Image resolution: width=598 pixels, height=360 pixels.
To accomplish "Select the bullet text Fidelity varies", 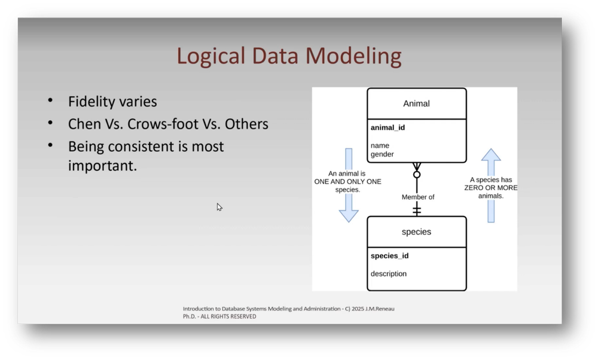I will [112, 102].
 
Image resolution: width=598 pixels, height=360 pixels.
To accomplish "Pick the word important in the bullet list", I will [102, 166].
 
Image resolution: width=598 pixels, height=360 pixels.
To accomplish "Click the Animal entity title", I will [416, 103].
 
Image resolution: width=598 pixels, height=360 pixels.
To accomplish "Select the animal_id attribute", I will [388, 127].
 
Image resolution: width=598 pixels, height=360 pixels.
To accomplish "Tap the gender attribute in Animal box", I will [382, 154].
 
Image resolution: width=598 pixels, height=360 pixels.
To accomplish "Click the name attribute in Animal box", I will [380, 145].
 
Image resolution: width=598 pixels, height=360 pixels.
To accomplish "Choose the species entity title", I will [416, 231].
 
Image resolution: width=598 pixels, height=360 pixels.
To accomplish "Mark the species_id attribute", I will [389, 256].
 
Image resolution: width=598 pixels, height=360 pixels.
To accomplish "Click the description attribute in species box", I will [389, 274].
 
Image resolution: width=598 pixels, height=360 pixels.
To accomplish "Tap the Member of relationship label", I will [418, 197].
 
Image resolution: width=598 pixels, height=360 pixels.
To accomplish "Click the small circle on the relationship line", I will [417, 175].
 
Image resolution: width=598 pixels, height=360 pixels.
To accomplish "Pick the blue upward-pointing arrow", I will [491, 185].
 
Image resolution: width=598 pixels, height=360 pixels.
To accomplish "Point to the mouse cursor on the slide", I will [219, 207].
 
